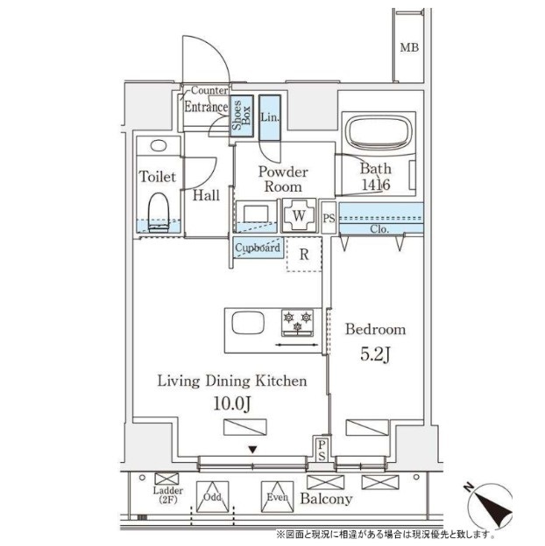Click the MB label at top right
tap(409, 47)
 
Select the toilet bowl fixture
tap(159, 211)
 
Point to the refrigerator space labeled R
tap(303, 255)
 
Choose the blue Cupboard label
tap(258, 248)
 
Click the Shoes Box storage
tap(241, 115)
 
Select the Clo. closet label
tap(379, 230)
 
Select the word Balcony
tap(326, 500)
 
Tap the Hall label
tap(207, 195)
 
